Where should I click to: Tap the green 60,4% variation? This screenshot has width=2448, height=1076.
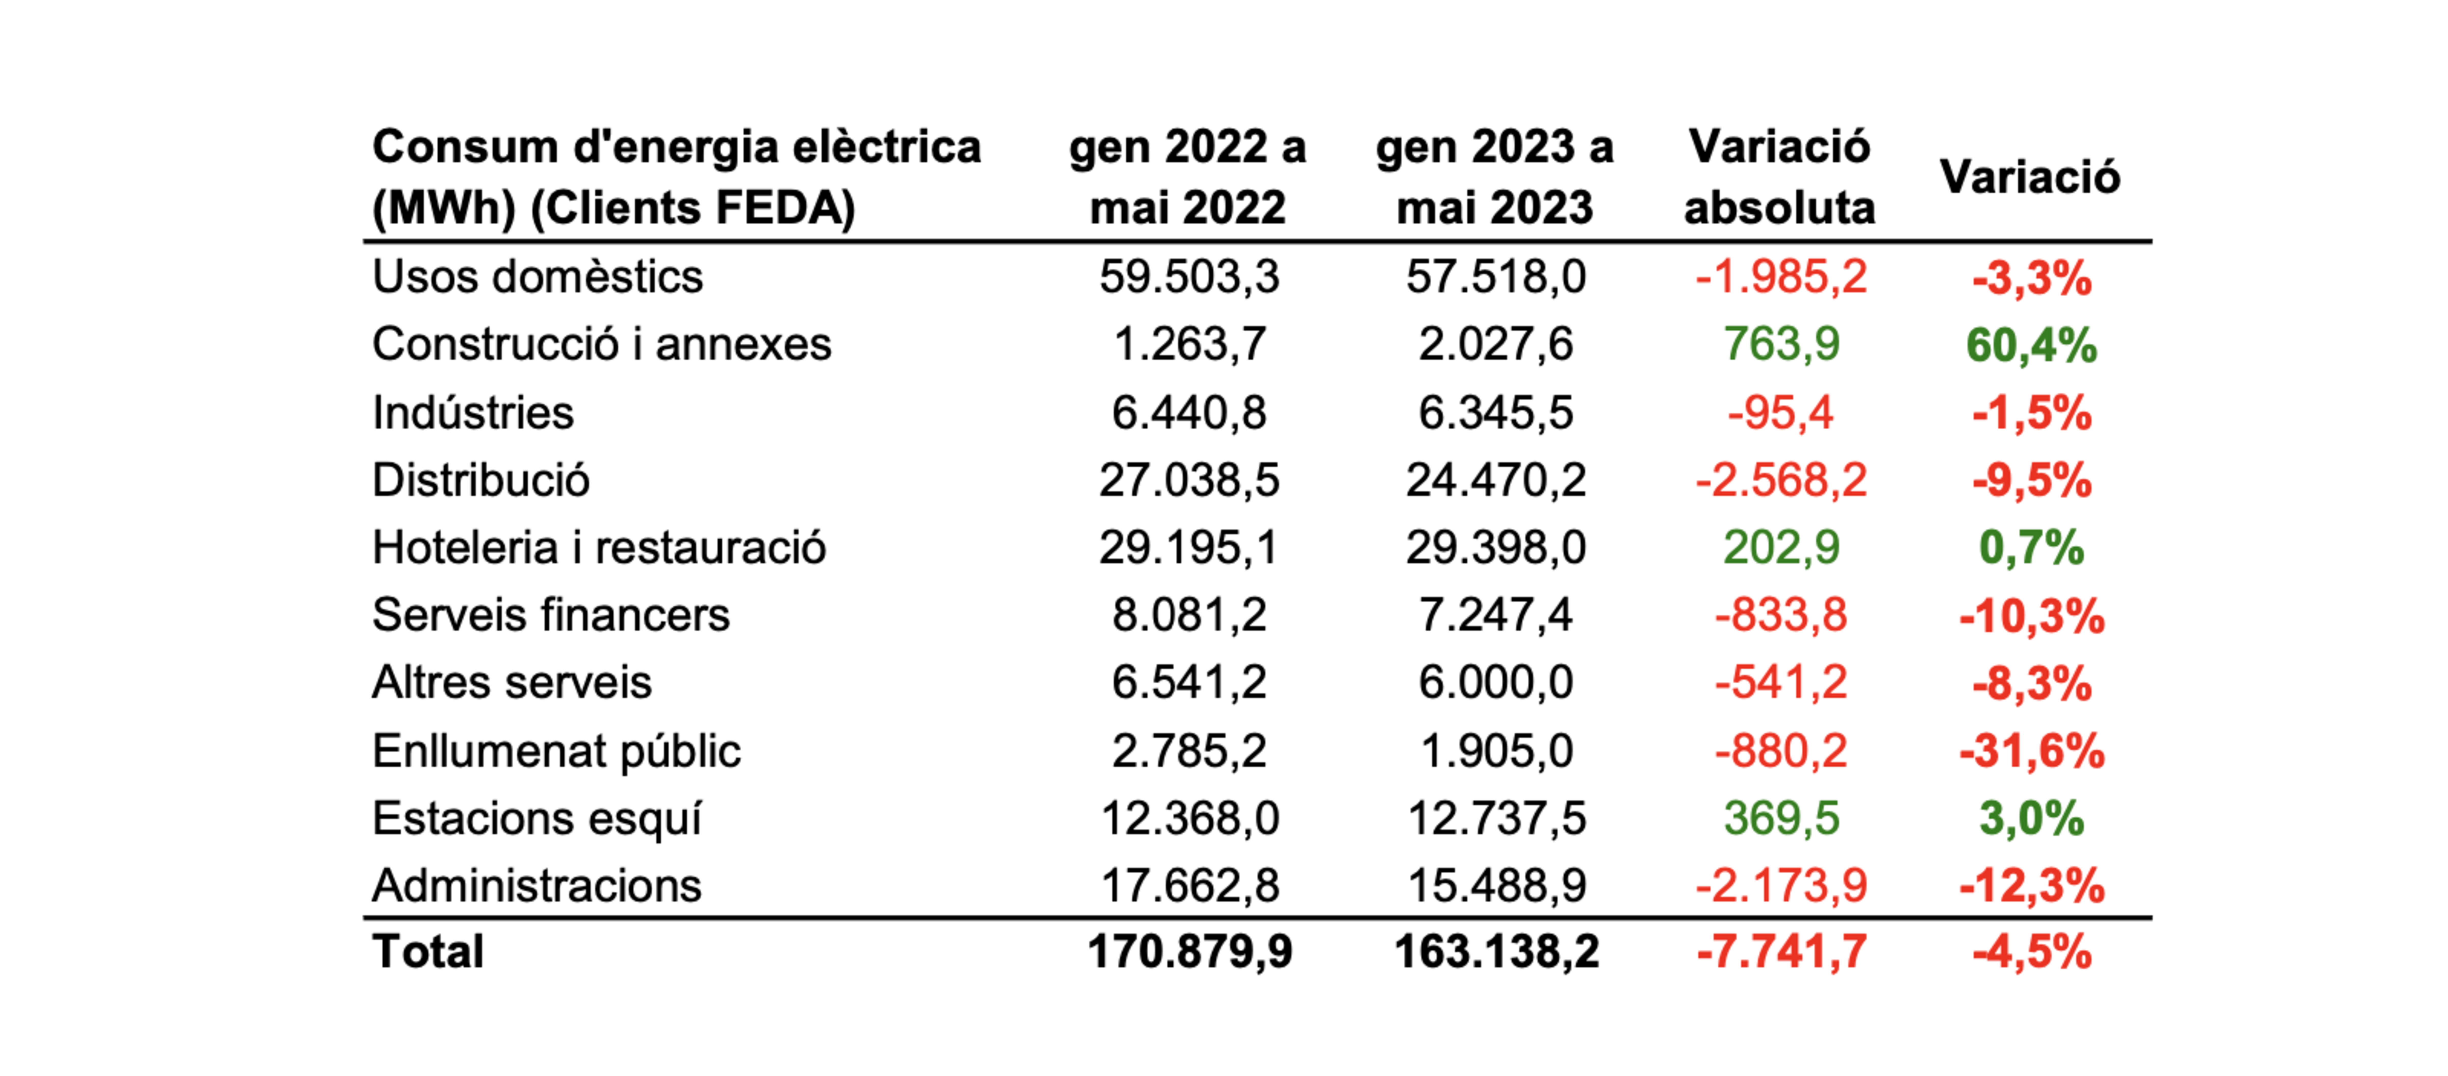coord(2031,345)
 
